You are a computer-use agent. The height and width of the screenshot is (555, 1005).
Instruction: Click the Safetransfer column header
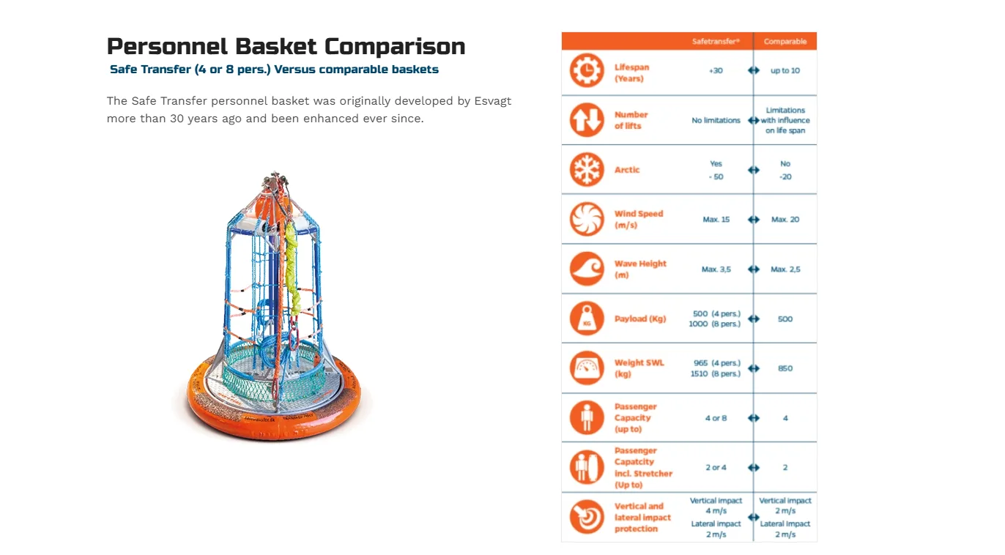(x=716, y=41)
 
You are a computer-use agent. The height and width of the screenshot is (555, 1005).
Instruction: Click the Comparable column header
(x=785, y=41)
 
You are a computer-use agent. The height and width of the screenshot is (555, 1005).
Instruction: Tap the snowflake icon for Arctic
(x=587, y=169)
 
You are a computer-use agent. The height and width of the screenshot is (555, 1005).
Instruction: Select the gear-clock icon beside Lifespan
(x=587, y=70)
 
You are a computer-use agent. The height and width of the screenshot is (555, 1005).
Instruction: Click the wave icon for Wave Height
(x=587, y=269)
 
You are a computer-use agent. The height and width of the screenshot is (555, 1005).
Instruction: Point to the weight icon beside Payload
(x=587, y=319)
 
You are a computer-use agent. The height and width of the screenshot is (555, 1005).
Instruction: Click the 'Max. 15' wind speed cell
(x=716, y=219)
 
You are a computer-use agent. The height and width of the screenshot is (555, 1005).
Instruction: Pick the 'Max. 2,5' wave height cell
(x=785, y=269)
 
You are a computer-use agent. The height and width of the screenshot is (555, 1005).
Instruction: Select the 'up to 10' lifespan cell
(x=785, y=70)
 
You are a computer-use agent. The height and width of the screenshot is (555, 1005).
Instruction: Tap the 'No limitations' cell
(x=716, y=120)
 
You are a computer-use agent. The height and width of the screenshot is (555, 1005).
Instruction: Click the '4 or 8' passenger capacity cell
(x=716, y=418)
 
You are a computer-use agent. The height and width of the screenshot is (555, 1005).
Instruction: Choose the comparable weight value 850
(x=785, y=368)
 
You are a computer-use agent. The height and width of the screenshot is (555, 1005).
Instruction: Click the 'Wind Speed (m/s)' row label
(x=639, y=219)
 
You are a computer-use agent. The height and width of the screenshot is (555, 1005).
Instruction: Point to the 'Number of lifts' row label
(x=631, y=120)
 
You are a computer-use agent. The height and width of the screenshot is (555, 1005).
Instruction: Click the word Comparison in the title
(x=395, y=47)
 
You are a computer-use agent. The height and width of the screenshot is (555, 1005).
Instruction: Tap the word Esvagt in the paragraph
(x=493, y=101)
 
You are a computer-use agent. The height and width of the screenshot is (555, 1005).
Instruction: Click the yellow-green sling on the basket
(x=292, y=269)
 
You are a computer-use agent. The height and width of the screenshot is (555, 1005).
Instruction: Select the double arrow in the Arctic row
(x=754, y=170)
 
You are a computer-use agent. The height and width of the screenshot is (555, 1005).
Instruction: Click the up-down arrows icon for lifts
(x=587, y=120)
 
